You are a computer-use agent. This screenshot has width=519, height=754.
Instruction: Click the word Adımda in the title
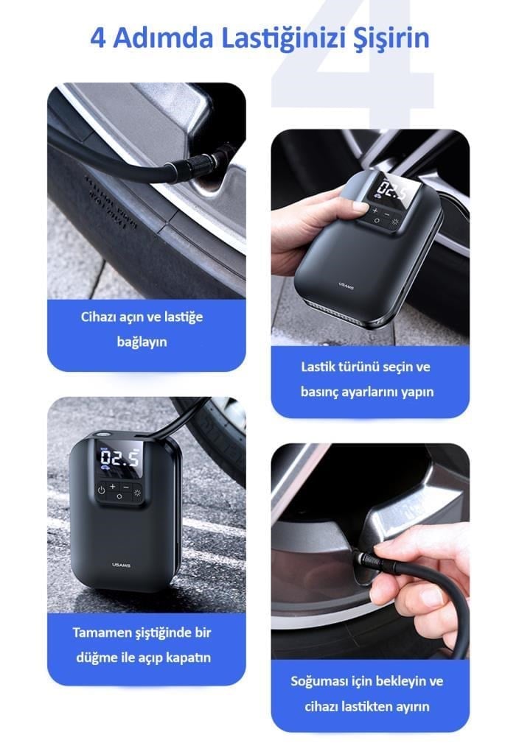click(x=163, y=38)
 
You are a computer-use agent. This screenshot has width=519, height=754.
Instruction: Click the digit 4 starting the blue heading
click(x=98, y=38)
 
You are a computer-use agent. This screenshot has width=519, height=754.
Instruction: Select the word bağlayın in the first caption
click(x=142, y=342)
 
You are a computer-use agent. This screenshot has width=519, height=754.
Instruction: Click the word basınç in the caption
click(x=318, y=392)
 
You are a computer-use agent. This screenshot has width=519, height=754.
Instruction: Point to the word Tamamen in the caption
click(x=100, y=633)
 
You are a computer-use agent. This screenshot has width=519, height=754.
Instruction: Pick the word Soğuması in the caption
click(x=319, y=682)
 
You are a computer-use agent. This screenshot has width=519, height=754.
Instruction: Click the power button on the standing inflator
click(x=101, y=490)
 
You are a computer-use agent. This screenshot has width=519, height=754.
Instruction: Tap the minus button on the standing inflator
click(x=126, y=487)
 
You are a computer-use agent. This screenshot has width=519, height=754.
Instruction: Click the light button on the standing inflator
click(x=138, y=493)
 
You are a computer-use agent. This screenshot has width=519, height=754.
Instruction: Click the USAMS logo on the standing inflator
click(x=122, y=565)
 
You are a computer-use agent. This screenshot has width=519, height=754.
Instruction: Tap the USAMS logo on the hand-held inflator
click(x=346, y=286)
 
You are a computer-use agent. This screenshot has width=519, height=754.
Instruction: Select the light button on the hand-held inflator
click(x=395, y=222)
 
